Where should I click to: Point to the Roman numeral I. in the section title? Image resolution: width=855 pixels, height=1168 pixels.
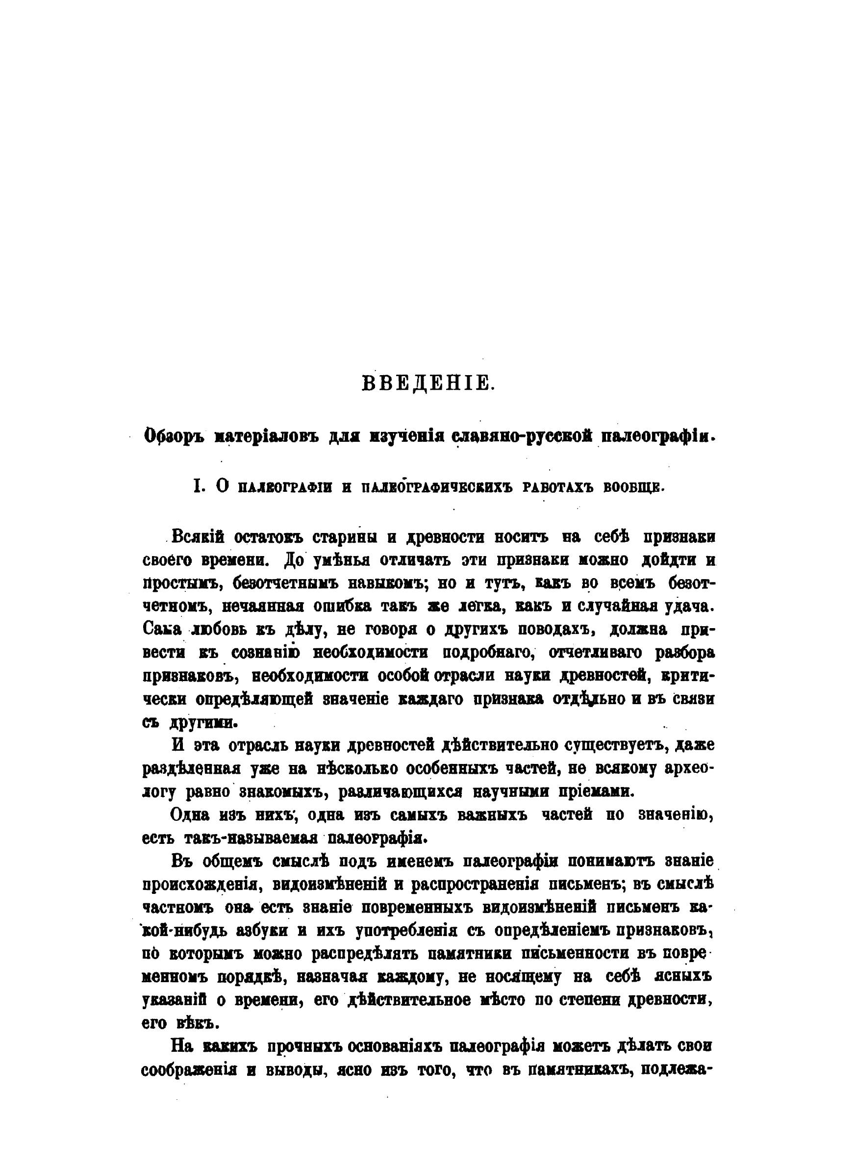(197, 487)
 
